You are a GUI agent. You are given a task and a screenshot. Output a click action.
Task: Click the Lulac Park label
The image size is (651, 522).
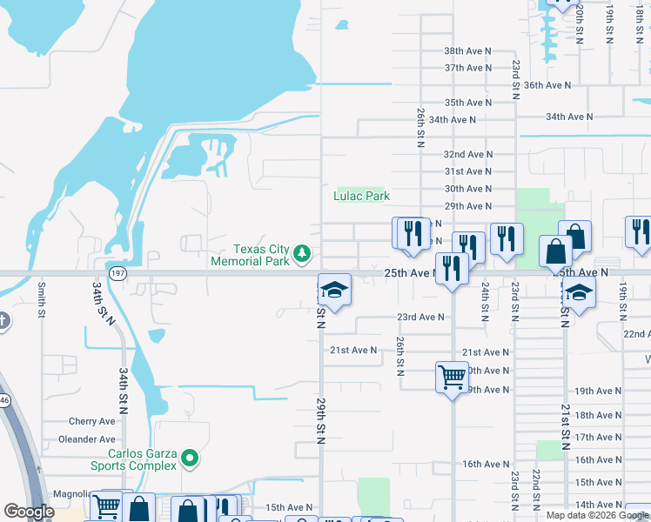pyautogui.click(x=361, y=197)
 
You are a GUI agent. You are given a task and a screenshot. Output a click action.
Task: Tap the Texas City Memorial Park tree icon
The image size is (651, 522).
pyautogui.click(x=302, y=253)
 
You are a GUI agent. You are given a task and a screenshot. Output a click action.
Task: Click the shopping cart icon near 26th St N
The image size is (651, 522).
pyautogui.click(x=452, y=378)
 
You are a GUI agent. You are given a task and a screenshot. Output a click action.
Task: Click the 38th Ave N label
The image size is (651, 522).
pyautogui.click(x=467, y=51)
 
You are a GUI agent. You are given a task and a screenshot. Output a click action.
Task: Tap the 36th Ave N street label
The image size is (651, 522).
pyautogui.click(x=547, y=85)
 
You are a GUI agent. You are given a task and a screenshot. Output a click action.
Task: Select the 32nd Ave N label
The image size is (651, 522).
pyautogui.click(x=468, y=154)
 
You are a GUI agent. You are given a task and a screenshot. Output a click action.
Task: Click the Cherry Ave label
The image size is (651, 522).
pyautogui.click(x=92, y=421)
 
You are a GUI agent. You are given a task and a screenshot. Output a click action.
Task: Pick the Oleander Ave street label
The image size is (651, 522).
pyautogui.click(x=87, y=440)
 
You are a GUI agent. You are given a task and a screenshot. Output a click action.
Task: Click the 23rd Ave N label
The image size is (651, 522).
pyautogui.click(x=420, y=318)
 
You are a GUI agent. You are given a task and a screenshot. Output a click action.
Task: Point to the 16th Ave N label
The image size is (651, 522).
pyautogui.click(x=486, y=465)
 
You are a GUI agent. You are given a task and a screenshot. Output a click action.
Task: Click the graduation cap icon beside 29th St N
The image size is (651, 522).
pyautogui.click(x=334, y=290)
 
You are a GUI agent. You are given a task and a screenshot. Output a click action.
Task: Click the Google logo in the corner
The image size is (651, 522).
pyautogui.click(x=29, y=512)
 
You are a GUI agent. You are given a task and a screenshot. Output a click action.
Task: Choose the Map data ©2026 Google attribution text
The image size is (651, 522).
pyautogui.click(x=597, y=515)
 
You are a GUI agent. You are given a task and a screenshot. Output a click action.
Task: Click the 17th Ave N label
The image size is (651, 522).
pyautogui.click(x=598, y=438)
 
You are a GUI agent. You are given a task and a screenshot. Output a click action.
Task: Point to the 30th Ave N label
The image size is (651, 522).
pyautogui.click(x=468, y=189)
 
